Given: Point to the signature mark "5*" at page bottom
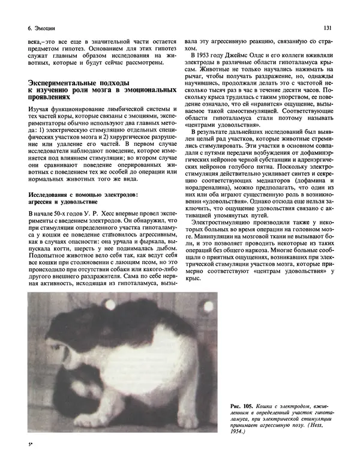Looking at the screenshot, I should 30,445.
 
